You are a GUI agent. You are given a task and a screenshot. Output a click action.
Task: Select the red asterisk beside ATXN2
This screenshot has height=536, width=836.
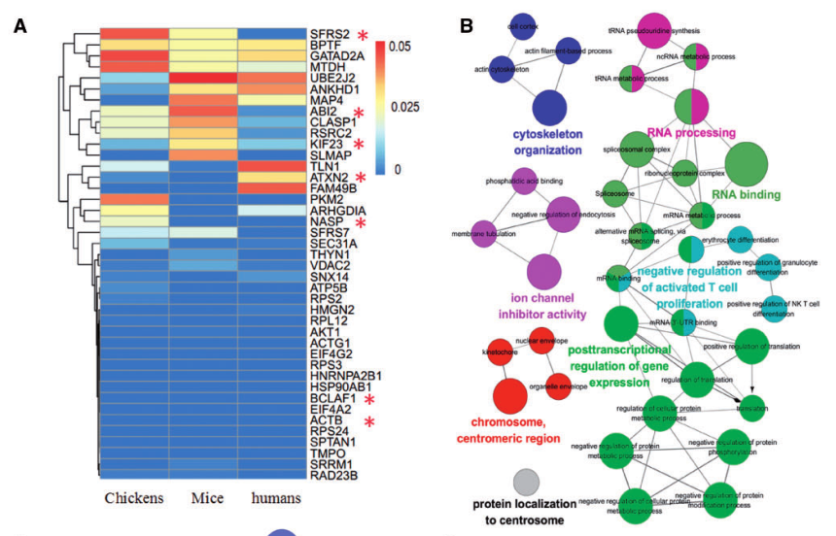(x=362, y=177)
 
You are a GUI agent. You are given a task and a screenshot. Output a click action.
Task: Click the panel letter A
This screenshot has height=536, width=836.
(x=18, y=25)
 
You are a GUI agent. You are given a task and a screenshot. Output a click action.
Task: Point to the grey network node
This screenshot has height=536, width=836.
(x=526, y=480)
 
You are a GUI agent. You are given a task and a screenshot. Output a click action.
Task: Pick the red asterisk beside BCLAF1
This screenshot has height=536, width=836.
(x=369, y=398)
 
